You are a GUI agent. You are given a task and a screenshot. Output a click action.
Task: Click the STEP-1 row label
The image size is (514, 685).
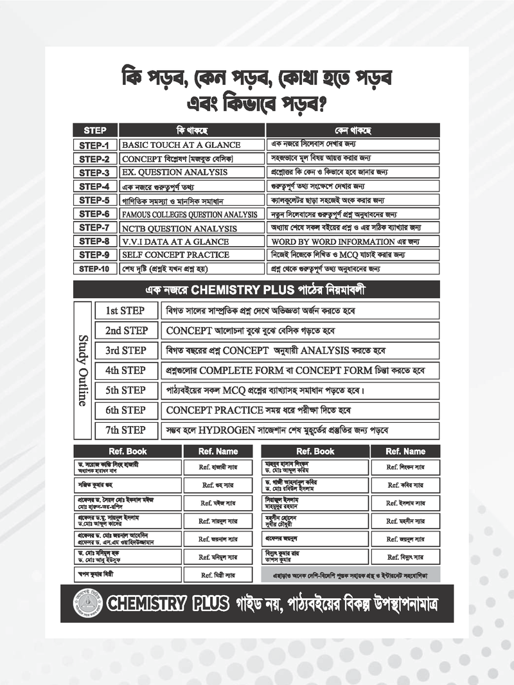click(95, 145)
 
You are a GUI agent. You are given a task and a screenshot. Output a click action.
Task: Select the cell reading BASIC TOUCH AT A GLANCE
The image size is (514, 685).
click(191, 145)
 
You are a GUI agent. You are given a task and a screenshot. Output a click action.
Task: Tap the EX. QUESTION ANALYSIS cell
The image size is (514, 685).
click(191, 172)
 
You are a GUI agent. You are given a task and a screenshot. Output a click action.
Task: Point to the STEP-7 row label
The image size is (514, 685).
click(95, 227)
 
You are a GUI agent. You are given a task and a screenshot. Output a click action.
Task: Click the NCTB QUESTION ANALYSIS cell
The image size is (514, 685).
click(191, 228)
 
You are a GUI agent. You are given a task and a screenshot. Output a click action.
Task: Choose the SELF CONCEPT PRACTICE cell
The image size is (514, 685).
click(191, 255)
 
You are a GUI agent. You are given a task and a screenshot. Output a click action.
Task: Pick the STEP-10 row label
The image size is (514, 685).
click(95, 269)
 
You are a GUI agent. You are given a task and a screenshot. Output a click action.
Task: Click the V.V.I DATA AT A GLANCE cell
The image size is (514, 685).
click(191, 242)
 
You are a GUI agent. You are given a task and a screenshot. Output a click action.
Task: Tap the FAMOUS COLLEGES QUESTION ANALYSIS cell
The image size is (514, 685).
click(191, 214)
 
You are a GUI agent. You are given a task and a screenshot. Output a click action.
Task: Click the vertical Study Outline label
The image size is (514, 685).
click(83, 369)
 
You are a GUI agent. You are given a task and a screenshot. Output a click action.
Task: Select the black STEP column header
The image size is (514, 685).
click(95, 130)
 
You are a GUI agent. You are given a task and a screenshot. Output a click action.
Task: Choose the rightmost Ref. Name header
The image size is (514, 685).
click(406, 451)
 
